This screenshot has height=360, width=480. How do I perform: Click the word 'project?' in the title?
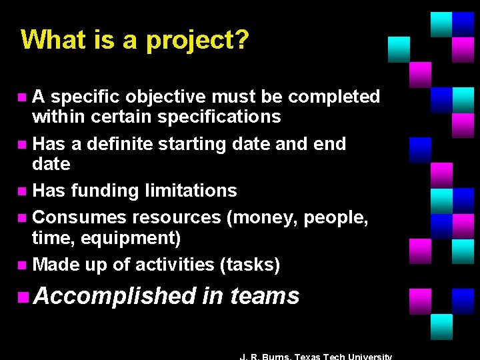[198, 40]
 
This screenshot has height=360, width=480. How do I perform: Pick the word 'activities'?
[175, 265]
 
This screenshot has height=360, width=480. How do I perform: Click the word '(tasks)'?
[250, 265]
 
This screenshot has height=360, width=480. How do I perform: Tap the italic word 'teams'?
[265, 295]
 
